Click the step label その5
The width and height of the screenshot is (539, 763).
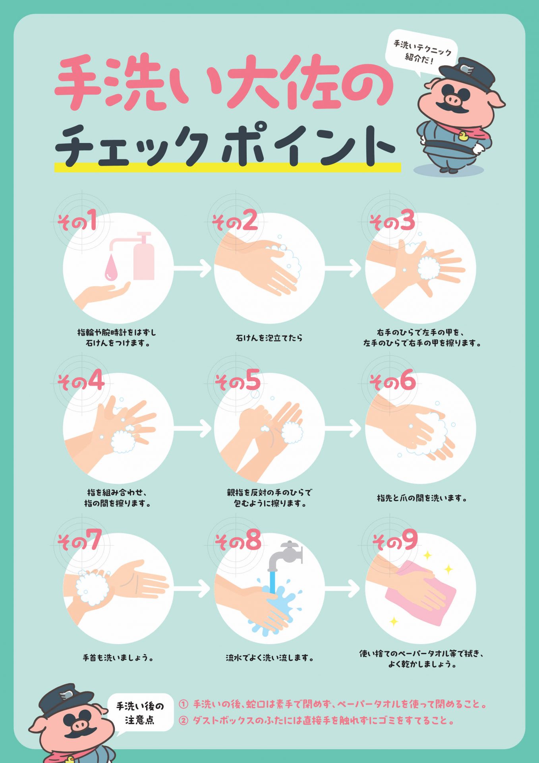pyautogui.click(x=238, y=381)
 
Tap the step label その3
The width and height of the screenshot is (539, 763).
pyautogui.click(x=392, y=221)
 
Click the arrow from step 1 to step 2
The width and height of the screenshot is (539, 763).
pyautogui.click(x=193, y=268)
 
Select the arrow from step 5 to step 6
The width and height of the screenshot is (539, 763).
pyautogui.click(x=344, y=428)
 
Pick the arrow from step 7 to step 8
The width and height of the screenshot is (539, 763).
pyautogui.click(x=192, y=589)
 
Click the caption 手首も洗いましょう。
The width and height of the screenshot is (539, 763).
pyautogui.click(x=118, y=658)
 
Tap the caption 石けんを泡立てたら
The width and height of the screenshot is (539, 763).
pyautogui.click(x=269, y=338)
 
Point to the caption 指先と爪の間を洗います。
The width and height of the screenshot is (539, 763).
pyautogui.click(x=421, y=498)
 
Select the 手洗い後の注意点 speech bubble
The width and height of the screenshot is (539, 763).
pyautogui.click(x=140, y=714)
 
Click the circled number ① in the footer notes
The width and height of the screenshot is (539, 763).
pyautogui.click(x=183, y=705)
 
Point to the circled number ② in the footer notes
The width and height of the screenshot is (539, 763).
pyautogui.click(x=183, y=720)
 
